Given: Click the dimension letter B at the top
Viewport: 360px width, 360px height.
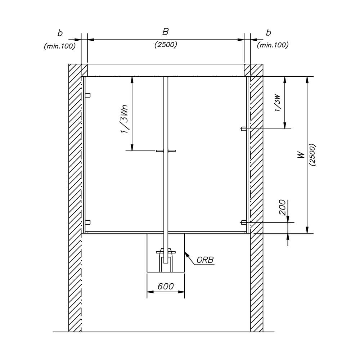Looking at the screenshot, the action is tap(165, 32).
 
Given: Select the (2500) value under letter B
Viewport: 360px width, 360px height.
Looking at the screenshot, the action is tap(166, 45).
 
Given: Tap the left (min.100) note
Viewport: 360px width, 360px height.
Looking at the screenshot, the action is tap(60, 46).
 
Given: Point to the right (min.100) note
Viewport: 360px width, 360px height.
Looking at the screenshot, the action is tap(273, 45).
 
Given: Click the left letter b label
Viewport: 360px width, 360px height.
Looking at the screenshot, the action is tap(60, 33).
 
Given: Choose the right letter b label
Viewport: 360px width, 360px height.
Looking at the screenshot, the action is tap(269, 33).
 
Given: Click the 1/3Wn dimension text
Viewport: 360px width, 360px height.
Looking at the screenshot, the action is tap(125, 119).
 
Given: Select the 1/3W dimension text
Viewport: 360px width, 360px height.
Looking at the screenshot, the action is tap(278, 103).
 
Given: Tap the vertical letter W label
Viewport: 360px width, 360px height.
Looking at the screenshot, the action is tap(301, 155).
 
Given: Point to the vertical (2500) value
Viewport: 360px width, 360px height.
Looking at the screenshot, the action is tap(312, 155).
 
